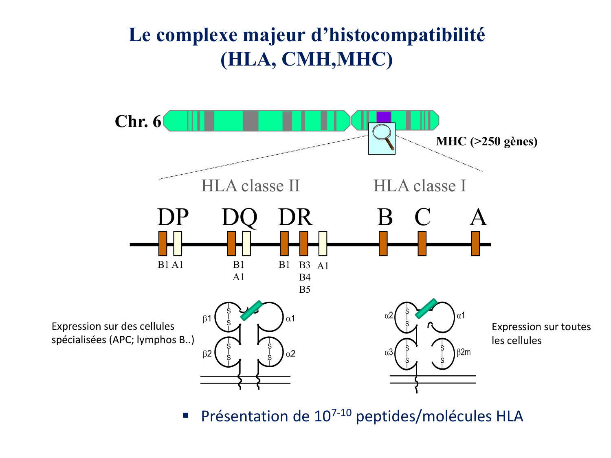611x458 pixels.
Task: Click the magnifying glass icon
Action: pyautogui.click(x=382, y=138)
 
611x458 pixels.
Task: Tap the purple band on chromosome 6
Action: pyautogui.click(x=384, y=117)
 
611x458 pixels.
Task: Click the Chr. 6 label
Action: pyautogui.click(x=138, y=121)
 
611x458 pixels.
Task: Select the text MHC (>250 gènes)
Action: pyautogui.click(x=487, y=141)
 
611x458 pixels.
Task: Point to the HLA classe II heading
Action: pyautogui.click(x=251, y=186)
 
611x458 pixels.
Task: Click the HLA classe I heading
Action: pyautogui.click(x=420, y=186)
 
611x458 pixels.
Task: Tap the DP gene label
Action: pyautogui.click(x=173, y=217)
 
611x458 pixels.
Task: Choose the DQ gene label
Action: pyautogui.click(x=239, y=217)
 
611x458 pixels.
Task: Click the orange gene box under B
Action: pyautogui.click(x=383, y=243)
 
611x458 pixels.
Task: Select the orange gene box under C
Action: pyautogui.click(x=422, y=243)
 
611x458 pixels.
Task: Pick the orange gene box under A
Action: pyautogui.click(x=475, y=243)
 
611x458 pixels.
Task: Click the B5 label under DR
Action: pyautogui.click(x=305, y=289)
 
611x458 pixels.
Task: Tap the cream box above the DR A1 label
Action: pyautogui.click(x=323, y=243)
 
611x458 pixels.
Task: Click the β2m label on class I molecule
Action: pyautogui.click(x=464, y=352)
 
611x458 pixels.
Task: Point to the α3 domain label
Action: pyautogui.click(x=389, y=352)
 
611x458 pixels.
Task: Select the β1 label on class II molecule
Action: pyautogui.click(x=207, y=319)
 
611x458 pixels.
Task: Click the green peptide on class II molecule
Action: pyautogui.click(x=251, y=311)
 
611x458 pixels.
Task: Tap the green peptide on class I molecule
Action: pyautogui.click(x=426, y=309)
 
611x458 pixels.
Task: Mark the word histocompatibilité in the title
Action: pyautogui.click(x=398, y=35)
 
